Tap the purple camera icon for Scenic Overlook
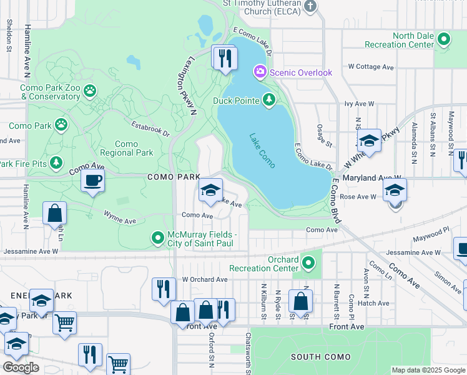260,72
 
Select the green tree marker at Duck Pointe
269,99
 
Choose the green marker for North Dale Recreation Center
443,39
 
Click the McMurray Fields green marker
158,237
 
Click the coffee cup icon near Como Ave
92,181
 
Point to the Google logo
21,367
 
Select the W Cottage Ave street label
371,66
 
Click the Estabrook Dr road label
150,129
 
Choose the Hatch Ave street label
373,303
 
